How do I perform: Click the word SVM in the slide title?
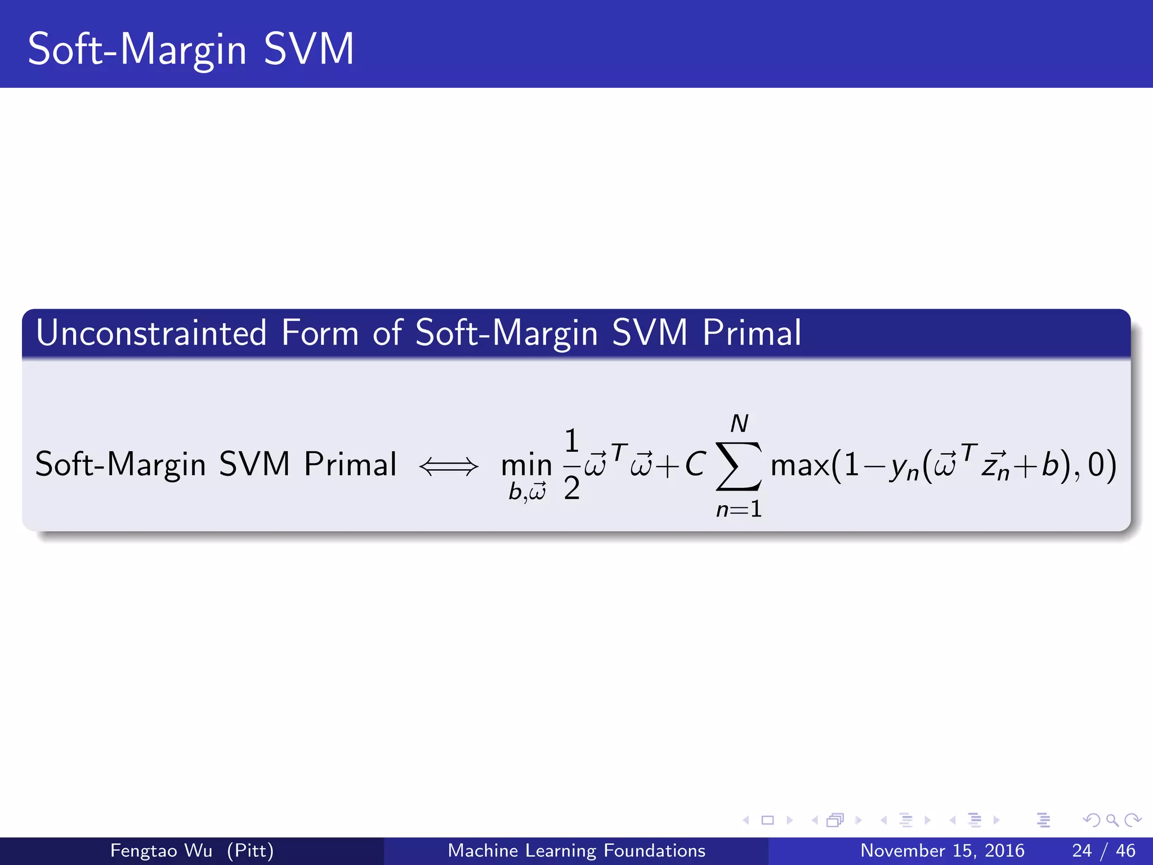[309, 50]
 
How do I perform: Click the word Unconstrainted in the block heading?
[151, 333]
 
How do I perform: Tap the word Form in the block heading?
[320, 333]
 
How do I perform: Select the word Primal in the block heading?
[752, 333]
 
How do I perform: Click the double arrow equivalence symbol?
[449, 466]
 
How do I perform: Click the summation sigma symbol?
[739, 466]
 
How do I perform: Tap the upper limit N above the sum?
[739, 423]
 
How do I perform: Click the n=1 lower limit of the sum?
[739, 510]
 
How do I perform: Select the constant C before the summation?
[695, 465]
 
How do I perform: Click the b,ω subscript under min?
[527, 492]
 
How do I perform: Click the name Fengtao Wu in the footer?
[161, 850]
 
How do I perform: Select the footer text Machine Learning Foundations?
[576, 850]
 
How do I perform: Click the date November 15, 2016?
[942, 850]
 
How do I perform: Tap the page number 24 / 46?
[1103, 850]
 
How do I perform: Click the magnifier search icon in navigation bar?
[1112, 820]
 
